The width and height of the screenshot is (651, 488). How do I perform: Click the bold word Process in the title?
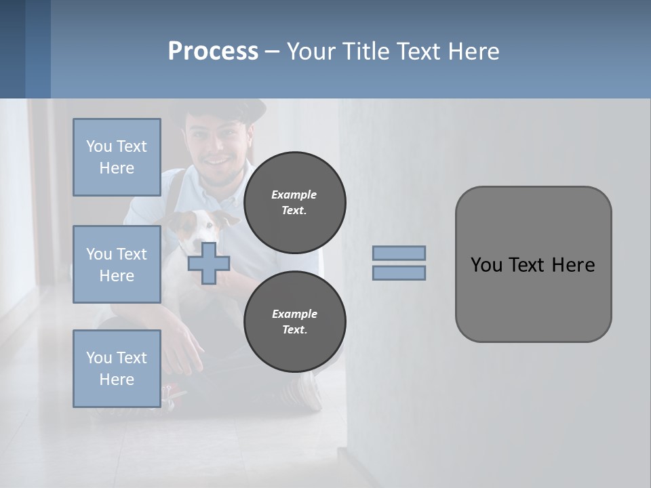[x=213, y=52]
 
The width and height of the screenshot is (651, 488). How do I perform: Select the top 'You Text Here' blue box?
[x=117, y=157]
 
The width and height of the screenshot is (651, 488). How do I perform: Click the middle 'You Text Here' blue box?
[x=117, y=264]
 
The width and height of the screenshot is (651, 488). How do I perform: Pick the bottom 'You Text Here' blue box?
[x=117, y=368]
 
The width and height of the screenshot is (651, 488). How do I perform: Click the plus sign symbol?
[x=208, y=264]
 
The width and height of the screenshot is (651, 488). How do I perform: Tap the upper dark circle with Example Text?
[x=294, y=202]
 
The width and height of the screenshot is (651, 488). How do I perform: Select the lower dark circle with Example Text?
[x=294, y=321]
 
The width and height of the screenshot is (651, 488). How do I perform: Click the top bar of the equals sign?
[x=399, y=253]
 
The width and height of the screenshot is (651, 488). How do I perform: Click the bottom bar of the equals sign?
[x=399, y=272]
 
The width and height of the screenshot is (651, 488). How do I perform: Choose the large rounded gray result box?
[x=533, y=264]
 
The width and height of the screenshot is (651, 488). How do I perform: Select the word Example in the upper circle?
[x=294, y=195]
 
